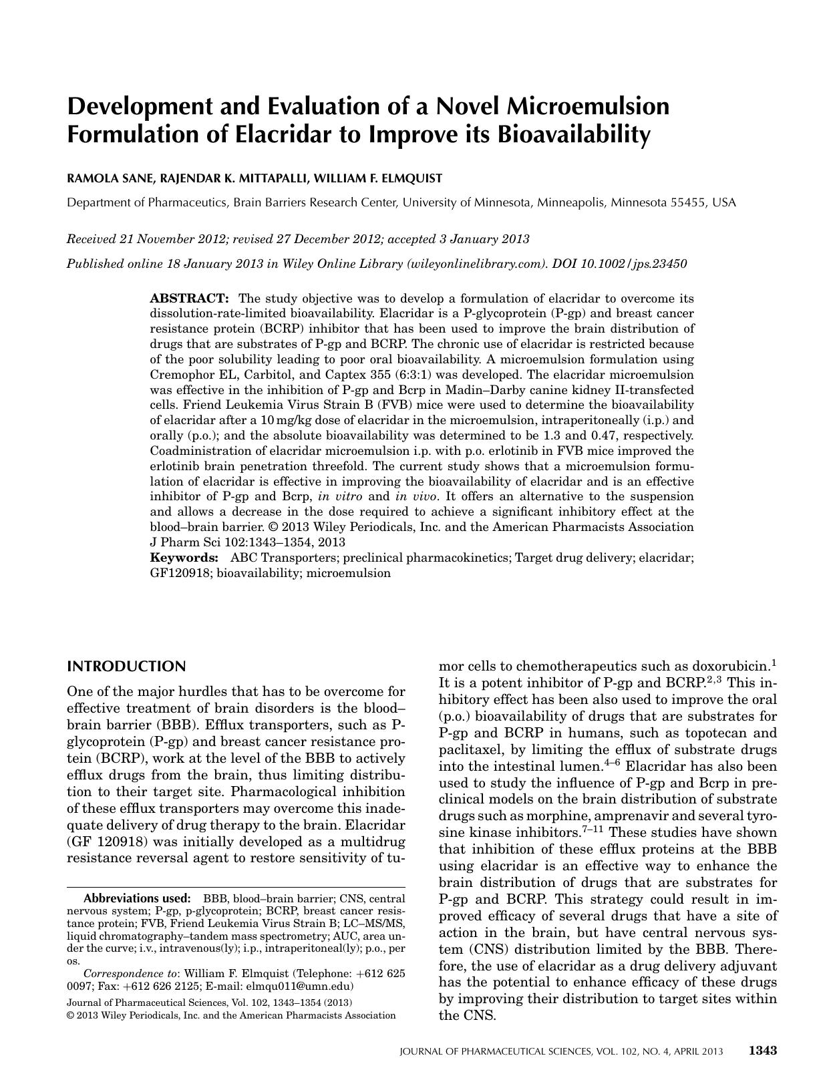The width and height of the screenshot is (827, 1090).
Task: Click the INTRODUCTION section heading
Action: pos(126,667)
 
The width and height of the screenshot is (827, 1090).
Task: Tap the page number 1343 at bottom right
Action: pos(762,1051)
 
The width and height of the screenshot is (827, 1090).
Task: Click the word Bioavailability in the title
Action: pos(572,134)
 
